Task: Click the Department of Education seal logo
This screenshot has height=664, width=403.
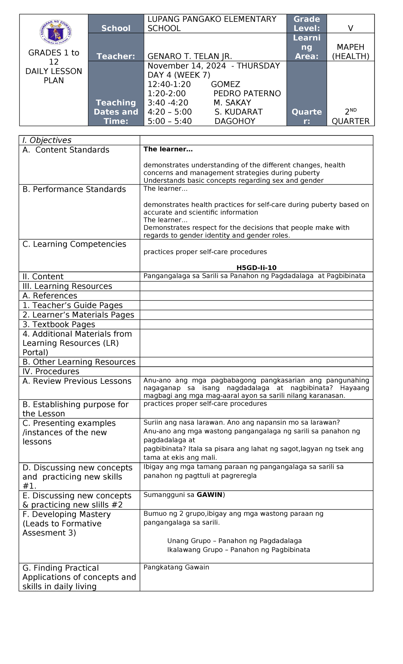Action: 55,33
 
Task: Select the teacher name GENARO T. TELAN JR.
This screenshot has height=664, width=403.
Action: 190,56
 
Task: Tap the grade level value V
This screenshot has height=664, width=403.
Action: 350,28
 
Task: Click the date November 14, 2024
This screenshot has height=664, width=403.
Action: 187,66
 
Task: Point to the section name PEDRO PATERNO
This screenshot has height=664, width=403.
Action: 247,93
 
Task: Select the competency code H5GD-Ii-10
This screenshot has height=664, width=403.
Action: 256,268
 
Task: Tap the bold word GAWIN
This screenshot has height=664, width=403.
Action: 209,495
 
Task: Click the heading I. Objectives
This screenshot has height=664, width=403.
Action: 47,140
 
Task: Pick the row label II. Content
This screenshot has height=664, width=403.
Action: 43,277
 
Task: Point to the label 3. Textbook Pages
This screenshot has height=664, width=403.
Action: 59,325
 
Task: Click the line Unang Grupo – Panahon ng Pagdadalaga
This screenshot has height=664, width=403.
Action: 234,541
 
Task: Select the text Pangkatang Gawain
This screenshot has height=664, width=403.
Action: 176,567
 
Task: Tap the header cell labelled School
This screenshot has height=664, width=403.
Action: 116,28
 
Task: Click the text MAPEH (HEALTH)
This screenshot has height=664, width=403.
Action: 350,52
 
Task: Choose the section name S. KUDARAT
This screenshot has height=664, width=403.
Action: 238,112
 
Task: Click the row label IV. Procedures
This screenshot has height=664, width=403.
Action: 51,372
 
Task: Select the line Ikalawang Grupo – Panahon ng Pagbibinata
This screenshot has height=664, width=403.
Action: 238,550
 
